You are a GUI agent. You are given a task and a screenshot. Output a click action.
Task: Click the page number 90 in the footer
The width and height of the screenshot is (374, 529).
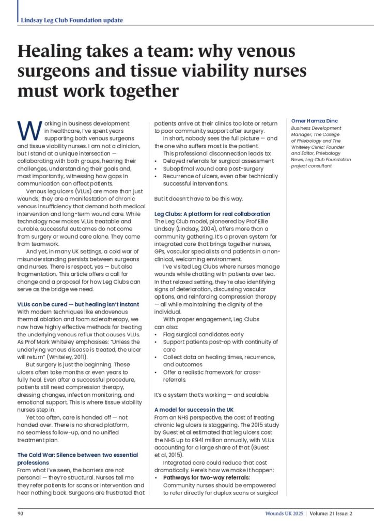(21, 514)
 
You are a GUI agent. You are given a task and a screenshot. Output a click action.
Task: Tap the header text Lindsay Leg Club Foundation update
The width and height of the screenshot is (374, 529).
(72, 20)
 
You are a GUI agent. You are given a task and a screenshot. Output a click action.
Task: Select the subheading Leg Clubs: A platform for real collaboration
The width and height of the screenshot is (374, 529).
(212, 214)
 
